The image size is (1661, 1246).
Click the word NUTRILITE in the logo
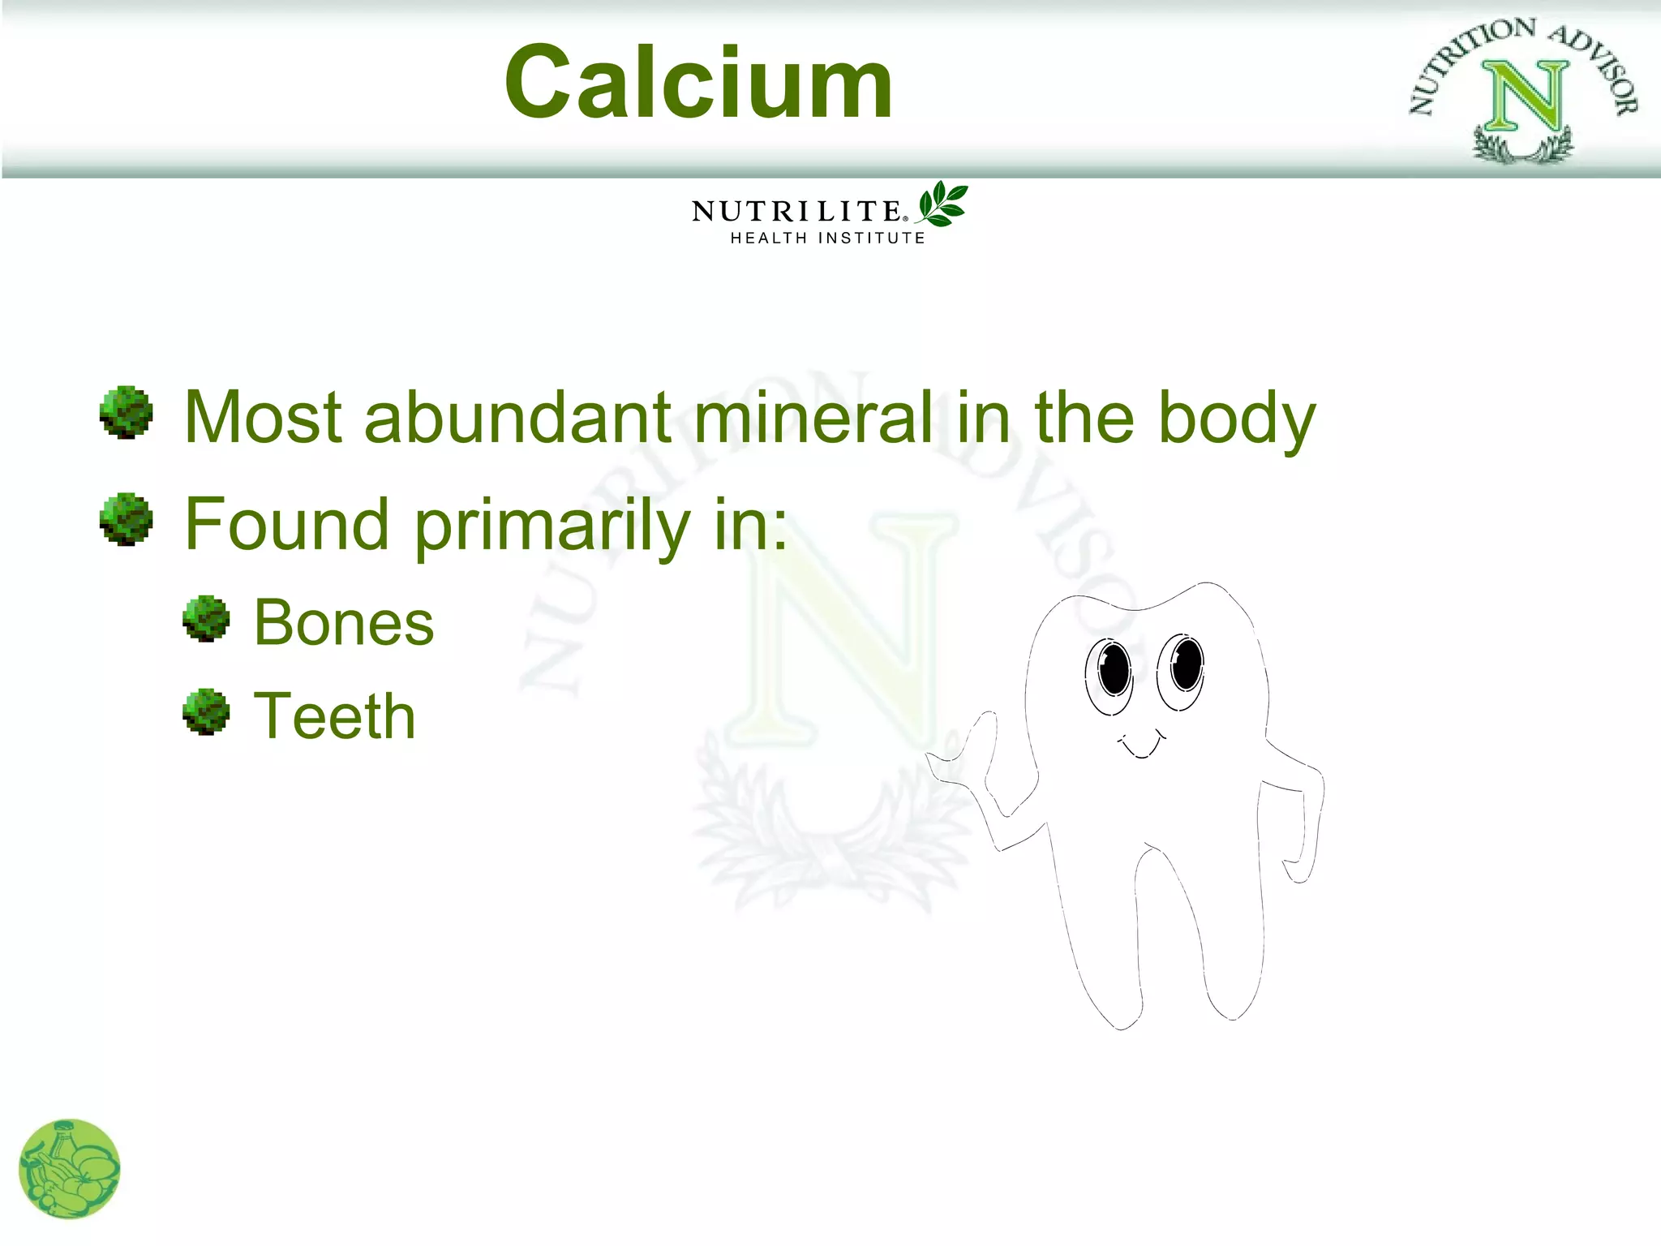(796, 212)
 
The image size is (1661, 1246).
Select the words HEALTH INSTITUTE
(827, 238)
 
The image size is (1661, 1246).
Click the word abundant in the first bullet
(517, 417)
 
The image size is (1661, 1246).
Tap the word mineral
(813, 417)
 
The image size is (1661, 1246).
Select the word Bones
(344, 623)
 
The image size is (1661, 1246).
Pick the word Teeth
(334, 716)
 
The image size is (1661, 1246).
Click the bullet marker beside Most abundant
(126, 412)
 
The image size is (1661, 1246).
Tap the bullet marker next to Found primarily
(126, 519)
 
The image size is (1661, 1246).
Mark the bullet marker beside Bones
(206, 619)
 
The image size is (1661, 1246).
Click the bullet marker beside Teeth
(206, 711)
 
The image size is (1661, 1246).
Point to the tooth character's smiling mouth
(1142, 745)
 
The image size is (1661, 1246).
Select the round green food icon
(70, 1169)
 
